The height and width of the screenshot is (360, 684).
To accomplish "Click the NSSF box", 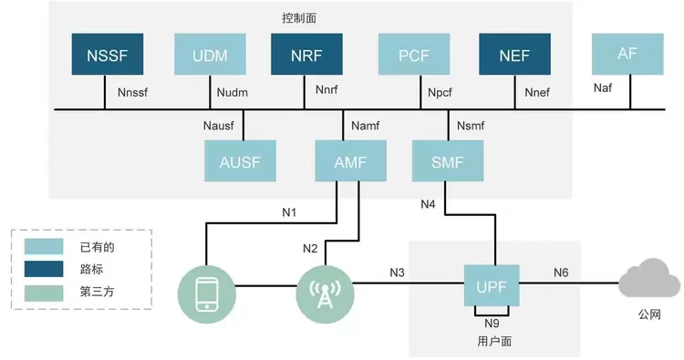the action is coord(108,54).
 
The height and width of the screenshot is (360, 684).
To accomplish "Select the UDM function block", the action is coord(210,54).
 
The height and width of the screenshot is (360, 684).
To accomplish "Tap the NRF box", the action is coord(306,54).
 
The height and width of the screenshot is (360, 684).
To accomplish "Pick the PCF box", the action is coord(414,54).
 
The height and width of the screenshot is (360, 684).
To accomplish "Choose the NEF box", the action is coord(514,54).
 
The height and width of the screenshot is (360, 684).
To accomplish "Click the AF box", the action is coord(627,54).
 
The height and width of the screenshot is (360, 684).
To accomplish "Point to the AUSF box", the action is coord(241,160).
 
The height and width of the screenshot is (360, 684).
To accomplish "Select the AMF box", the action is coord(351,160).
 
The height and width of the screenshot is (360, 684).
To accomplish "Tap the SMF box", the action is coord(448,160).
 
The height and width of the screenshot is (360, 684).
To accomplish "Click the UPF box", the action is coord(492,285).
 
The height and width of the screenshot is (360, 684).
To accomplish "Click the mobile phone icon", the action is coord(207,294).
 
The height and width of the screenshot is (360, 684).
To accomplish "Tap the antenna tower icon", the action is coord(325,294).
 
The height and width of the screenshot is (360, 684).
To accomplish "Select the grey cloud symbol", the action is coord(650,279).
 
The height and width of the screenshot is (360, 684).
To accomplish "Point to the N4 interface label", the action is coord(428,204).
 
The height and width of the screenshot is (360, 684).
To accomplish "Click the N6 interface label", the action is coord(561,273).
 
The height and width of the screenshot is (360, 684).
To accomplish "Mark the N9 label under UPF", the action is coord(492,323).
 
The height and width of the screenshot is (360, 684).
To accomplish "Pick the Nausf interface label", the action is coord(219,126).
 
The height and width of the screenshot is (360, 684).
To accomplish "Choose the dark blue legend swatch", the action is coord(44,269).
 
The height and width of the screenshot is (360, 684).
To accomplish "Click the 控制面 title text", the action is coord(299,18).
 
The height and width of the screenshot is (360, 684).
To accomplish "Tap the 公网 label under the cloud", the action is coord(649,314).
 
